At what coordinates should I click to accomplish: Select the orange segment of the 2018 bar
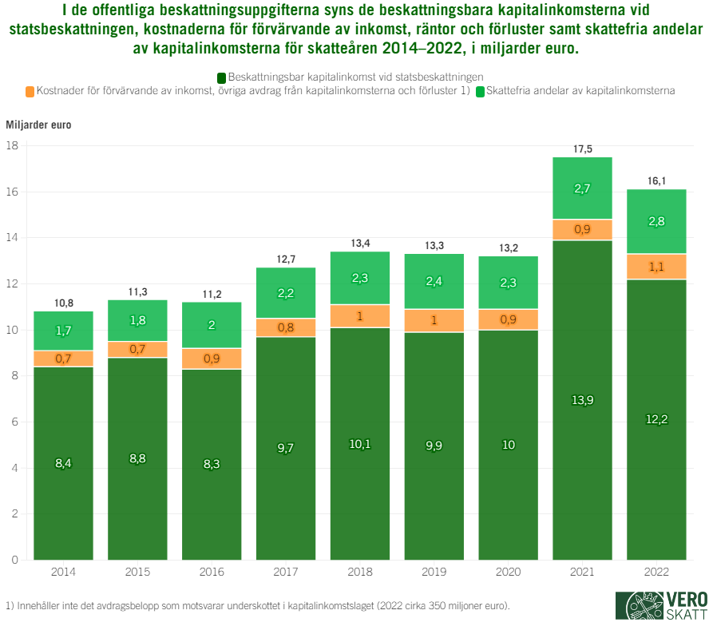coord(359,316)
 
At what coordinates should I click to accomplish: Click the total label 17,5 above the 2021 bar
coord(582,149)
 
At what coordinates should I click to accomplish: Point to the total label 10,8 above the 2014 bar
coord(63,303)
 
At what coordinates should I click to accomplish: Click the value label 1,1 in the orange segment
coord(656,267)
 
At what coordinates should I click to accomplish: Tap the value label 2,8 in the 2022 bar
coord(656,221)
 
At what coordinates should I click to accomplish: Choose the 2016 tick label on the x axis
coord(212,573)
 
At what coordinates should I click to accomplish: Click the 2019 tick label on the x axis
coord(434,573)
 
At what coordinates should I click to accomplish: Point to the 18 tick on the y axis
coord(13,146)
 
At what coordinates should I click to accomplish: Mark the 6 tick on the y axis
coord(15,422)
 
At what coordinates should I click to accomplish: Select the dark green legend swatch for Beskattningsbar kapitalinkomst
coord(221,77)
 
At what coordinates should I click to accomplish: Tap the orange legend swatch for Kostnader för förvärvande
coord(30,92)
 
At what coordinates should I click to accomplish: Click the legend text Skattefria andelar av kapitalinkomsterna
coord(580,91)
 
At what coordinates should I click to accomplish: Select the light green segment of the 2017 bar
coord(285,292)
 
